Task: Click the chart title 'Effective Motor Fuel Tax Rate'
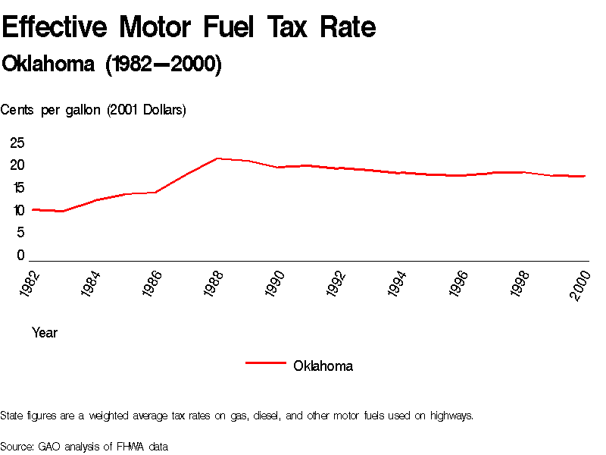pyautogui.click(x=189, y=28)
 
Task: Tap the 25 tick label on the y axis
pyautogui.click(x=17, y=143)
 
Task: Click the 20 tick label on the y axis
pyautogui.click(x=17, y=165)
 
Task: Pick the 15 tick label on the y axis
pyautogui.click(x=17, y=188)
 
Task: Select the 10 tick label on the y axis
pyautogui.click(x=17, y=211)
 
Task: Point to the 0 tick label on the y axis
pyautogui.click(x=21, y=256)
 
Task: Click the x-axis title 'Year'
pyautogui.click(x=45, y=332)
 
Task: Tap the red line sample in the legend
pyautogui.click(x=265, y=363)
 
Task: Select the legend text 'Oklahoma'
pyautogui.click(x=323, y=366)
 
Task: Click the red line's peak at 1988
pyautogui.click(x=217, y=158)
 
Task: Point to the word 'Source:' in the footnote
pyautogui.click(x=17, y=446)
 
